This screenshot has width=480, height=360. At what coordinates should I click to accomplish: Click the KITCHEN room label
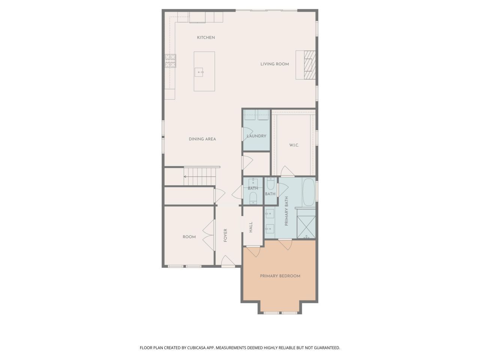tap(206, 37)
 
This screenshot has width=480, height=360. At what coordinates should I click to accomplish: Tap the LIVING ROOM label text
tap(274, 64)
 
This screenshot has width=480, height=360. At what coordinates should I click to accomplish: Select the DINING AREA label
tap(202, 139)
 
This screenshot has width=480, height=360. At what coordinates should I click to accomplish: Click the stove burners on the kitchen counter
tap(171, 61)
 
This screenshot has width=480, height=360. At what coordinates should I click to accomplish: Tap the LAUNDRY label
tap(256, 136)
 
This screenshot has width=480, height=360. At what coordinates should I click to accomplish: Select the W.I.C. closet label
tap(294, 145)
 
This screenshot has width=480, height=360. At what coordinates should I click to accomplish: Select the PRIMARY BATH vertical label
tap(286, 211)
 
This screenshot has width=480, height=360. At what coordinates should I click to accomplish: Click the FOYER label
tap(225, 235)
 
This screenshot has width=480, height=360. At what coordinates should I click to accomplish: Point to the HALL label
tap(250, 227)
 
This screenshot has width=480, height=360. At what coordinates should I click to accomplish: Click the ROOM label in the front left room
tap(189, 237)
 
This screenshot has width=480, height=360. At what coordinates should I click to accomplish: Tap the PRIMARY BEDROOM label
tap(280, 276)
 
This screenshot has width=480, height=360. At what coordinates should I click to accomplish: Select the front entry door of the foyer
tap(227, 261)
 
